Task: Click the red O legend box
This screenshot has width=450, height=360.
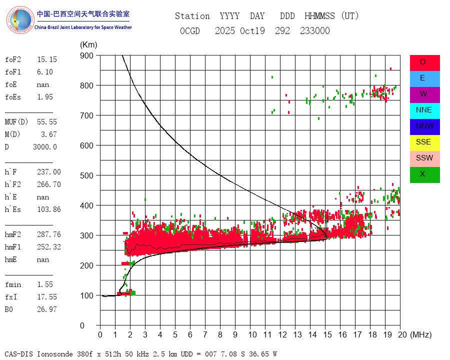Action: (424, 62)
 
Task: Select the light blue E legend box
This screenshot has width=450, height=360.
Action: (424, 78)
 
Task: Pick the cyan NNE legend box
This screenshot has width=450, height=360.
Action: (424, 110)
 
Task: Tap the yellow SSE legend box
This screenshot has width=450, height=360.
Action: (424, 142)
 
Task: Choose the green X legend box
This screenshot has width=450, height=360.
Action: (424, 174)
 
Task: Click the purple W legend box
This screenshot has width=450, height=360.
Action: (424, 94)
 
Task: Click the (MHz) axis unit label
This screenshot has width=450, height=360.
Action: (420, 334)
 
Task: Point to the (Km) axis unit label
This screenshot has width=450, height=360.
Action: (89, 45)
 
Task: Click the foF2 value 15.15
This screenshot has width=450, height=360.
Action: (47, 59)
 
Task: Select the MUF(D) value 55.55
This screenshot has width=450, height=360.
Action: (47, 122)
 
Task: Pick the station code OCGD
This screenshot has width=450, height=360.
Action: (190, 31)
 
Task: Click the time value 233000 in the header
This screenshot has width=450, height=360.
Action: (315, 31)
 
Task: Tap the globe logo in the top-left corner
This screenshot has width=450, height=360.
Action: (20, 20)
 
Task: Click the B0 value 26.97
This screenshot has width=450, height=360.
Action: (47, 309)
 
